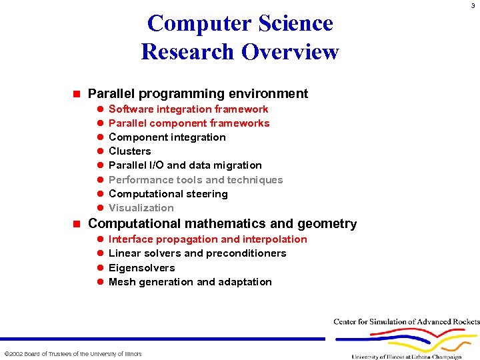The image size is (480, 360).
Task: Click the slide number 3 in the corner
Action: pos(473,7)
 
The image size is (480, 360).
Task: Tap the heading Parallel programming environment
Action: pos(198,94)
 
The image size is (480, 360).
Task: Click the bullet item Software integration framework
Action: pos(188,109)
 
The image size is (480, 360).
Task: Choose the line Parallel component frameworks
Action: pos(189,123)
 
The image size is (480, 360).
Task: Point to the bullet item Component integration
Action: pos(167,137)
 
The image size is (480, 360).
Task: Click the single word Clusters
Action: pos(129,151)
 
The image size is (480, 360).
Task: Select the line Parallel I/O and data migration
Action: pos(185,165)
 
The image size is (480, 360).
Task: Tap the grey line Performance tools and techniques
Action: pos(195,180)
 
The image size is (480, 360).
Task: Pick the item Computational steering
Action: pos(168,194)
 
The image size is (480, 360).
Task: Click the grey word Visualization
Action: pos(141,208)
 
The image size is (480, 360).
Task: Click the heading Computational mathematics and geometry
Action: pos(222,224)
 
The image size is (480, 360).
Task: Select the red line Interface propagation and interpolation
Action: pos(207,239)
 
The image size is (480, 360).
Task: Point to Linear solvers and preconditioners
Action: pos(197,253)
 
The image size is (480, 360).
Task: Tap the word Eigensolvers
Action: pos(141,268)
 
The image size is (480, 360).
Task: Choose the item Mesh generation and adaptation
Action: pos(190,282)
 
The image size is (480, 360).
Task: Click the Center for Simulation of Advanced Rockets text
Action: pos(406,322)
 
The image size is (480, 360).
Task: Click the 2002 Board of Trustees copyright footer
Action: pos(73,353)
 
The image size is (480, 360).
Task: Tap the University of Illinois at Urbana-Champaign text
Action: pos(406,356)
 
